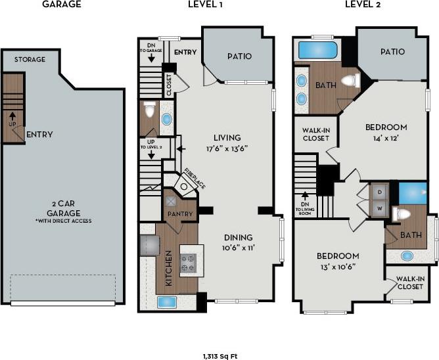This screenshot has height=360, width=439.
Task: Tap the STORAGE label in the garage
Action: click(30, 59)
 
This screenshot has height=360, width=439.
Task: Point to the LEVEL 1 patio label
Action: click(239, 56)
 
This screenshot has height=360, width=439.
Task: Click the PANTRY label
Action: click(180, 214)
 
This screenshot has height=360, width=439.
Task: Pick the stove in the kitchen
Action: click(189, 262)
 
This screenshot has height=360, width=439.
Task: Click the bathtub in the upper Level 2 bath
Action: click(317, 50)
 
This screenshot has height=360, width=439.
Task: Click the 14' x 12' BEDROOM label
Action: click(386, 132)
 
